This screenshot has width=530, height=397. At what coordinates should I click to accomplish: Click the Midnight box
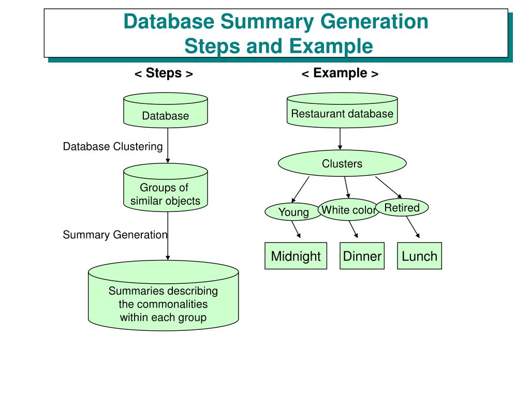[296, 255]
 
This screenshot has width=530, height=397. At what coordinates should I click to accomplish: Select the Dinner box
[362, 255]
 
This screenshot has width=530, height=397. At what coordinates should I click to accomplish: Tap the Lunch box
[419, 255]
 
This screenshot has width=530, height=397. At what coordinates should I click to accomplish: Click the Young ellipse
[293, 211]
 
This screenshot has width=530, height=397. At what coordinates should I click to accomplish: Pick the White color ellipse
[348, 210]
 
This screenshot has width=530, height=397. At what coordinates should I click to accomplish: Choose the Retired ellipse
[402, 207]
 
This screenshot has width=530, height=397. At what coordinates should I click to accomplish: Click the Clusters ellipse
[342, 163]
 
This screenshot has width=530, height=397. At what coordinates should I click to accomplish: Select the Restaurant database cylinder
[342, 110]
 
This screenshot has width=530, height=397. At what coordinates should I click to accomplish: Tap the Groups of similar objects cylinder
[166, 188]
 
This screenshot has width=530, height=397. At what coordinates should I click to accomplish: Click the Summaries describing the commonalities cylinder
[163, 295]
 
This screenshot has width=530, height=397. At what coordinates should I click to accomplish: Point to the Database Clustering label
[113, 146]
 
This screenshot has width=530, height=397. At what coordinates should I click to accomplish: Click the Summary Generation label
[115, 234]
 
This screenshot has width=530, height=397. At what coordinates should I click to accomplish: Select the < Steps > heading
[164, 73]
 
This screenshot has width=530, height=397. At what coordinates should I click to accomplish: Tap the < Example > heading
[340, 73]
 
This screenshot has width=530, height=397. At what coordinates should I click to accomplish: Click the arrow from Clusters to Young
[301, 189]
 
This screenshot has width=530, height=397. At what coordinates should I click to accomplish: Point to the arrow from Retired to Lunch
[413, 227]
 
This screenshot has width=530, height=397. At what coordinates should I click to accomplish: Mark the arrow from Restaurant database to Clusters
[340, 139]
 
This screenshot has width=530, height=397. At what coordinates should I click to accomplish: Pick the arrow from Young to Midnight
[296, 229]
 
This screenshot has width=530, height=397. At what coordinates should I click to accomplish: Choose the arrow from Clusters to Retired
[388, 187]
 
